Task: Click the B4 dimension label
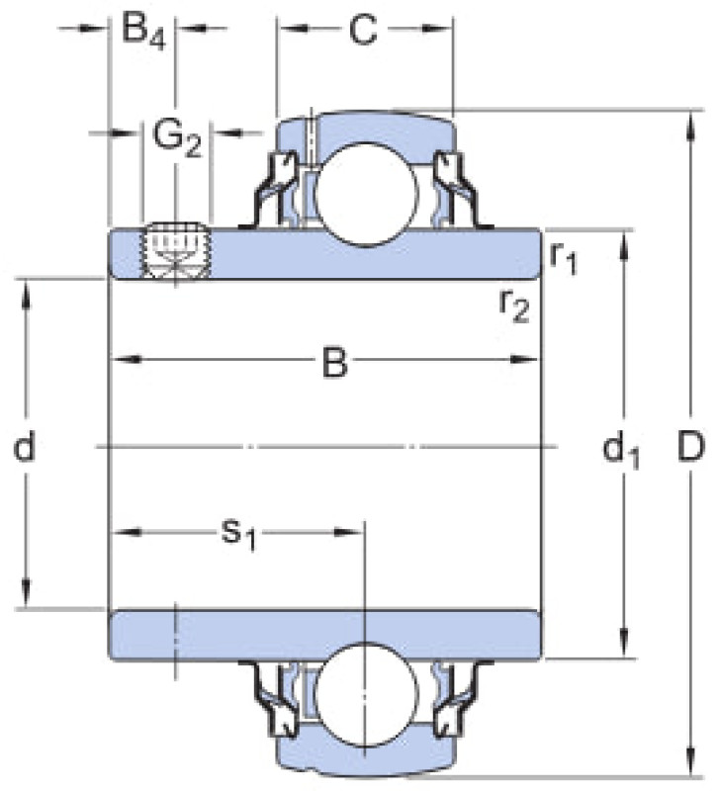pyautogui.click(x=143, y=32)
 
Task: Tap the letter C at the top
pyautogui.click(x=363, y=30)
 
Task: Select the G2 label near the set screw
pyautogui.click(x=177, y=138)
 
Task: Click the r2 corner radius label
pyautogui.click(x=514, y=306)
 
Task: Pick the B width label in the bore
pyautogui.click(x=335, y=362)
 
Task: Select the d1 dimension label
pyautogui.click(x=621, y=451)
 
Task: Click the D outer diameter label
pyautogui.click(x=690, y=447)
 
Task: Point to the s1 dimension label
pyautogui.click(x=239, y=534)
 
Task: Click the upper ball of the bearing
pyautogui.click(x=367, y=195)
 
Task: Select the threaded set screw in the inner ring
pyautogui.click(x=176, y=251)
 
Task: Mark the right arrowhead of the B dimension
pyautogui.click(x=525, y=360)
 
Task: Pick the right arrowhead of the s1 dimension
pyautogui.click(x=349, y=532)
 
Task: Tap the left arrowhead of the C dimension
pyautogui.click(x=293, y=29)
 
